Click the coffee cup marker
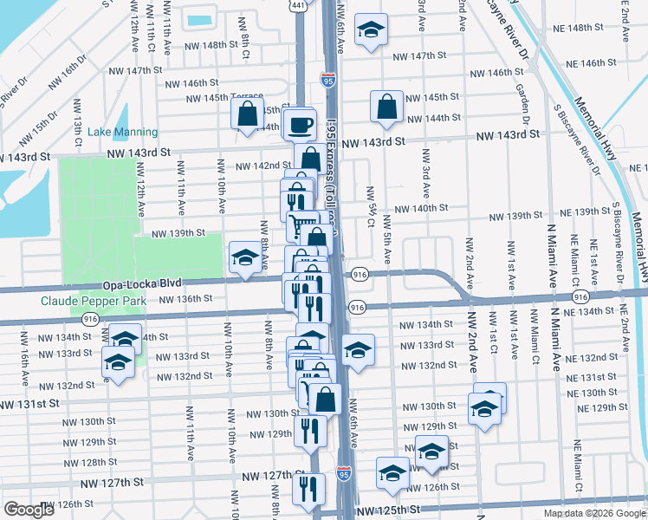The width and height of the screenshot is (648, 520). pos(301,125)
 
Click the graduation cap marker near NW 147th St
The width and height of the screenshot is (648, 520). pos(371,31)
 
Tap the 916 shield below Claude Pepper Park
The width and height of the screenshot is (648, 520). pos(90,319)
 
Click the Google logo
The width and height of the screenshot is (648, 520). pos(29,510)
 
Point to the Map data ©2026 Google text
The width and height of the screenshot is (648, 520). pos(595,513)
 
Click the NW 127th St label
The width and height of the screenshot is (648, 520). pos(269,476)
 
